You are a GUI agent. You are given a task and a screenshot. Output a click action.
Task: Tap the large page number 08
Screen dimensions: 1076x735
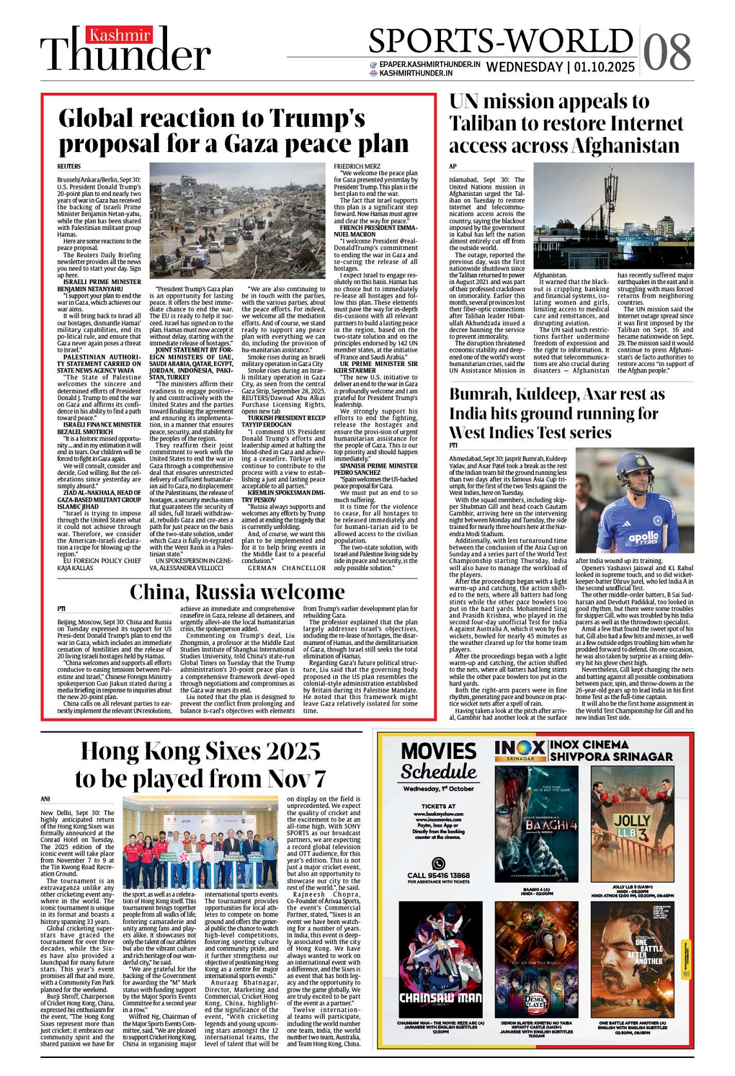667,52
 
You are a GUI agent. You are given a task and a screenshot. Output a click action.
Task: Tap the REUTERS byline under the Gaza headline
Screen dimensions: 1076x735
69,166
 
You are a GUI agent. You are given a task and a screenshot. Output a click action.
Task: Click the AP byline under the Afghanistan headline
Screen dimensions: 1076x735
453,166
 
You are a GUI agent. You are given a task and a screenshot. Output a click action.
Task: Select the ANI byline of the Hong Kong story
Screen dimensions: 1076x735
45,799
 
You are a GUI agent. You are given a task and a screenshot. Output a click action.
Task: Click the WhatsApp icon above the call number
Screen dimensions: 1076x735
438,863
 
